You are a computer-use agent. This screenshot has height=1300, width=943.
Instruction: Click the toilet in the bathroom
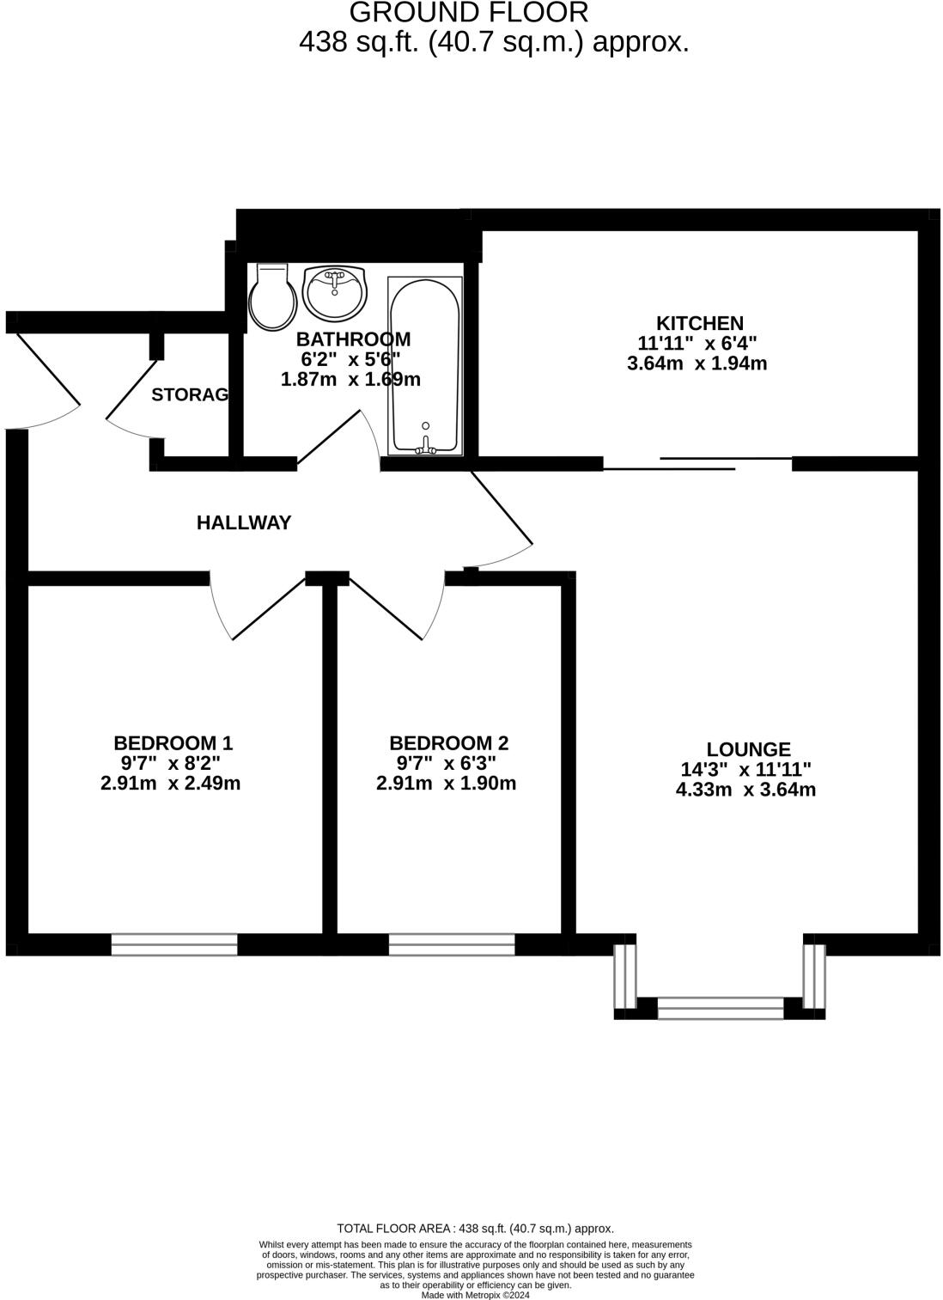pos(273,297)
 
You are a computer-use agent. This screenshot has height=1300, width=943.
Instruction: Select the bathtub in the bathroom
pos(426,364)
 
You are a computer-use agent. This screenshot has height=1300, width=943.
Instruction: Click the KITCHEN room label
pos(700,323)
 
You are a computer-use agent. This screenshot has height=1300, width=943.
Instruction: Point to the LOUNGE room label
pos(748,749)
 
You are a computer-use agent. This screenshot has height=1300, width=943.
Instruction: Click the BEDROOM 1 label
pos(173,742)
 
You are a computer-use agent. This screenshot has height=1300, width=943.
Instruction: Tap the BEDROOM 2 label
pos(448,742)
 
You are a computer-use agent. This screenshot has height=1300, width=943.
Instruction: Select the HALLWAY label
pos(244,522)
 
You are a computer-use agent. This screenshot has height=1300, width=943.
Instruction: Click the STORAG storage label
pos(190,394)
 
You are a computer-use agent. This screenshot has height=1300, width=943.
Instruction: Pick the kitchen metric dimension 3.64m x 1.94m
pos(697,363)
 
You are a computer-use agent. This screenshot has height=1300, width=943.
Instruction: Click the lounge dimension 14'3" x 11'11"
pos(745,769)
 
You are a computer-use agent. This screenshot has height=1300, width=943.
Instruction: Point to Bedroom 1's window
pos(174,945)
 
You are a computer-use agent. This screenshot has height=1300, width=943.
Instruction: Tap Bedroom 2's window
pos(452,945)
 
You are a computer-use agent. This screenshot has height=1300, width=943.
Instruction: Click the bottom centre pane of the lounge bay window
pos(721,1008)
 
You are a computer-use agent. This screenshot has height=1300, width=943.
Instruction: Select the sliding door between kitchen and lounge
pos(697,464)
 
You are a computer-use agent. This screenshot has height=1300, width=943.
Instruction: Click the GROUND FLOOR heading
pos(469,13)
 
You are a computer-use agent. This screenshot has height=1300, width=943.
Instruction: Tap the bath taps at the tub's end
pos(425,445)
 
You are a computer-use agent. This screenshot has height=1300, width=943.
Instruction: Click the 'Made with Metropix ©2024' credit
pos(475,1295)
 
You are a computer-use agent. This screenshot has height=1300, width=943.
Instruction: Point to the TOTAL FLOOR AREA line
pos(475,1229)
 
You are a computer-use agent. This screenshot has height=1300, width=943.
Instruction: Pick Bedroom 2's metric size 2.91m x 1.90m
pos(446,784)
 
